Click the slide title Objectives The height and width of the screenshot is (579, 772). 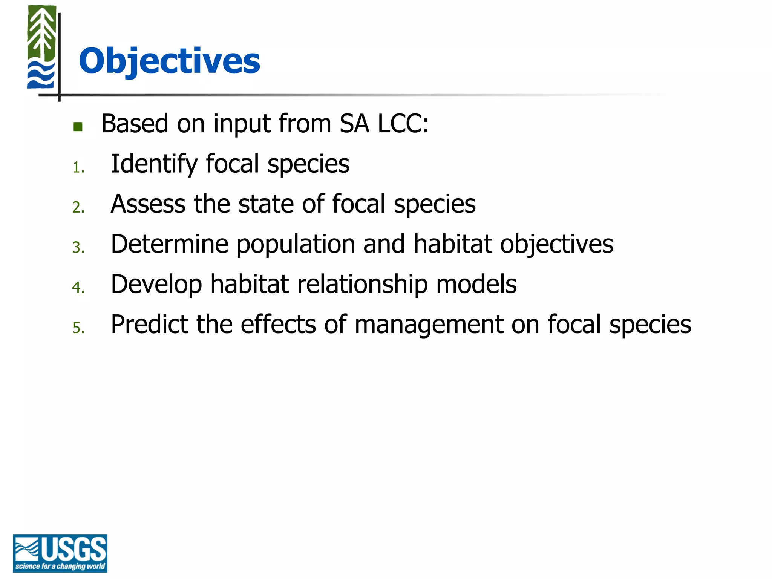point(169,61)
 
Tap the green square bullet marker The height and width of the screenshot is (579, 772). point(78,127)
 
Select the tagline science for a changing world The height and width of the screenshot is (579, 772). point(60,567)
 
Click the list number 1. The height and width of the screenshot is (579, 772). point(78,167)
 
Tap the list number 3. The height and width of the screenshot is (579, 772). point(78,248)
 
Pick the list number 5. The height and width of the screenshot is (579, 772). point(78,328)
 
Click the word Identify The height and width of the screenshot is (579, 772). point(154,164)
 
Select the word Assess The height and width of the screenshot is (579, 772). point(148,204)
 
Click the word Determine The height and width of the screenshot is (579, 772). point(170,244)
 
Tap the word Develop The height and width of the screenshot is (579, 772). point(156,284)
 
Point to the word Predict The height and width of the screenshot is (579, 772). point(149,324)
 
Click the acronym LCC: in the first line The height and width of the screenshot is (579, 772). point(403,124)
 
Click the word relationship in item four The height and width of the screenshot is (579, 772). point(362,284)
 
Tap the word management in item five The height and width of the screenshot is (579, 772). point(429,325)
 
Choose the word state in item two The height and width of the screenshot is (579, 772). point(266,204)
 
